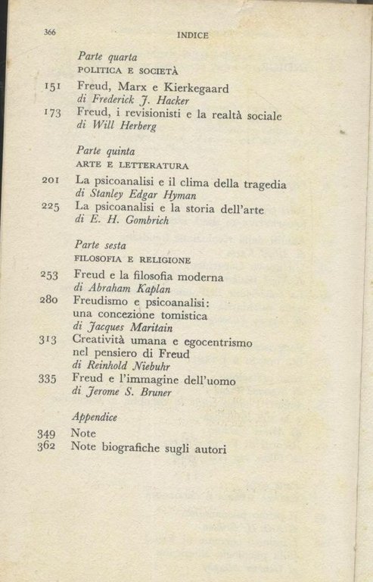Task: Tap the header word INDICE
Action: click(192, 34)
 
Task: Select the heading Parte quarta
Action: click(107, 56)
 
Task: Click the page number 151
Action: click(53, 87)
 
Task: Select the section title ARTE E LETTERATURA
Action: click(132, 164)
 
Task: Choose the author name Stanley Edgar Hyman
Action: click(140, 195)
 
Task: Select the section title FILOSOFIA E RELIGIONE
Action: click(132, 258)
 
